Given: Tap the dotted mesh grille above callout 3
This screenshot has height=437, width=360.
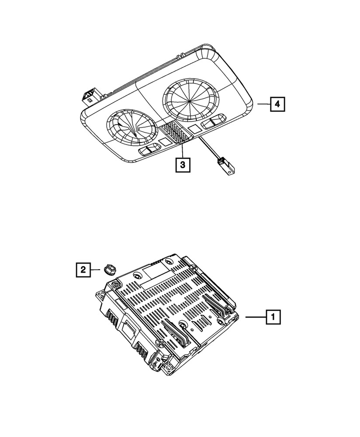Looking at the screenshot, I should click(175, 132).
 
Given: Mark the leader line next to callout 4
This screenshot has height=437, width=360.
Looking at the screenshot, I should click(263, 104).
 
